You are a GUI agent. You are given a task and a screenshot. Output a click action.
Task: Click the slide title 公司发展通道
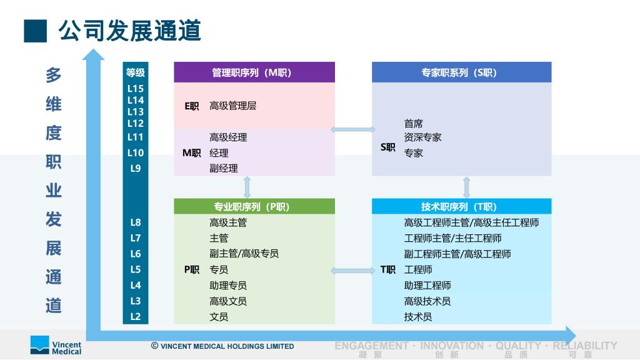coord(129,31)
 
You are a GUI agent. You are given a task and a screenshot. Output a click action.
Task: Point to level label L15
coord(136,89)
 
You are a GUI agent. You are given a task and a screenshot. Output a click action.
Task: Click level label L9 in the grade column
coord(136,168)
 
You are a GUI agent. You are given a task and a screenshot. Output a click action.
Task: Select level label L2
coord(136,316)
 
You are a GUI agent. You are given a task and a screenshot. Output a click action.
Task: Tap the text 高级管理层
coord(232,106)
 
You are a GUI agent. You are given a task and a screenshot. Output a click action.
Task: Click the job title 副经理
coord(224,168)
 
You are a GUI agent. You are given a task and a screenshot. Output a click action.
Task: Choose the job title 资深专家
coord(423,137)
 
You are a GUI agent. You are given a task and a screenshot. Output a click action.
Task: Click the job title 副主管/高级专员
coord(244,254)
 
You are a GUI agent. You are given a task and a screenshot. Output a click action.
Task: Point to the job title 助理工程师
coord(427,285)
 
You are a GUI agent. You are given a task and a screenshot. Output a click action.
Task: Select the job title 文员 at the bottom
coord(219,317)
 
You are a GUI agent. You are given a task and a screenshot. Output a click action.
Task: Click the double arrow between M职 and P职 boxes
coord(247,187)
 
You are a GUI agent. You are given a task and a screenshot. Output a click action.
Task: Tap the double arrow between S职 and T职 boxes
coord(466,187)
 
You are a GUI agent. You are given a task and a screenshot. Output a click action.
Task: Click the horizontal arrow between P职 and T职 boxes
coord(353,270)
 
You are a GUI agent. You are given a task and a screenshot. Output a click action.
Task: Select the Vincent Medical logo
coord(56,345)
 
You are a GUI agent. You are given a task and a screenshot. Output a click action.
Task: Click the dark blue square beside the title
coord(36,31)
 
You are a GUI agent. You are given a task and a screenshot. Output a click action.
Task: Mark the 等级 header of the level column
coord(136,72)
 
